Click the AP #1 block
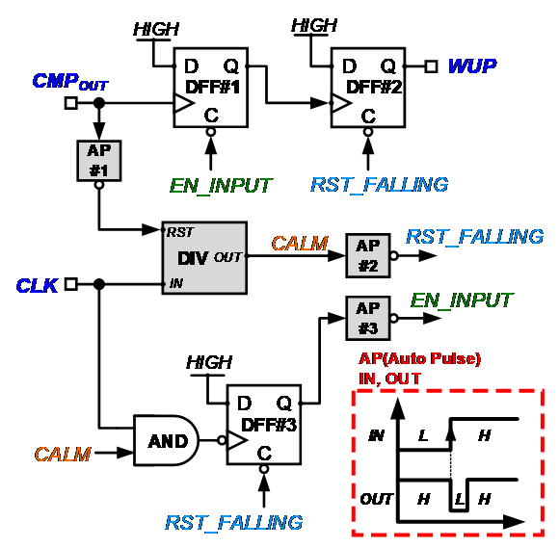click(99, 161)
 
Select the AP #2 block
click(368, 255)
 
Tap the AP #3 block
click(368, 318)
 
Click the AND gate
click(166, 440)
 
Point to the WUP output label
click(472, 66)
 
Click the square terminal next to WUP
click(431, 66)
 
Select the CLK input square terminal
click(71, 284)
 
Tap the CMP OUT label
click(70, 82)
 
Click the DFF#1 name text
click(212, 88)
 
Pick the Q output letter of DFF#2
click(388, 65)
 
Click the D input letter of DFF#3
click(244, 403)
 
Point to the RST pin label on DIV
click(180, 232)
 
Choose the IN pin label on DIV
click(176, 283)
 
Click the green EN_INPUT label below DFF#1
click(221, 186)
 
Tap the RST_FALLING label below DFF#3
click(233, 523)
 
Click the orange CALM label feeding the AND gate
click(63, 455)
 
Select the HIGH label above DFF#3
click(209, 363)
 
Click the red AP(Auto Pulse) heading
click(420, 358)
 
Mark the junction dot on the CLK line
click(99, 284)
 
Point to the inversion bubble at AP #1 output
click(99, 185)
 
